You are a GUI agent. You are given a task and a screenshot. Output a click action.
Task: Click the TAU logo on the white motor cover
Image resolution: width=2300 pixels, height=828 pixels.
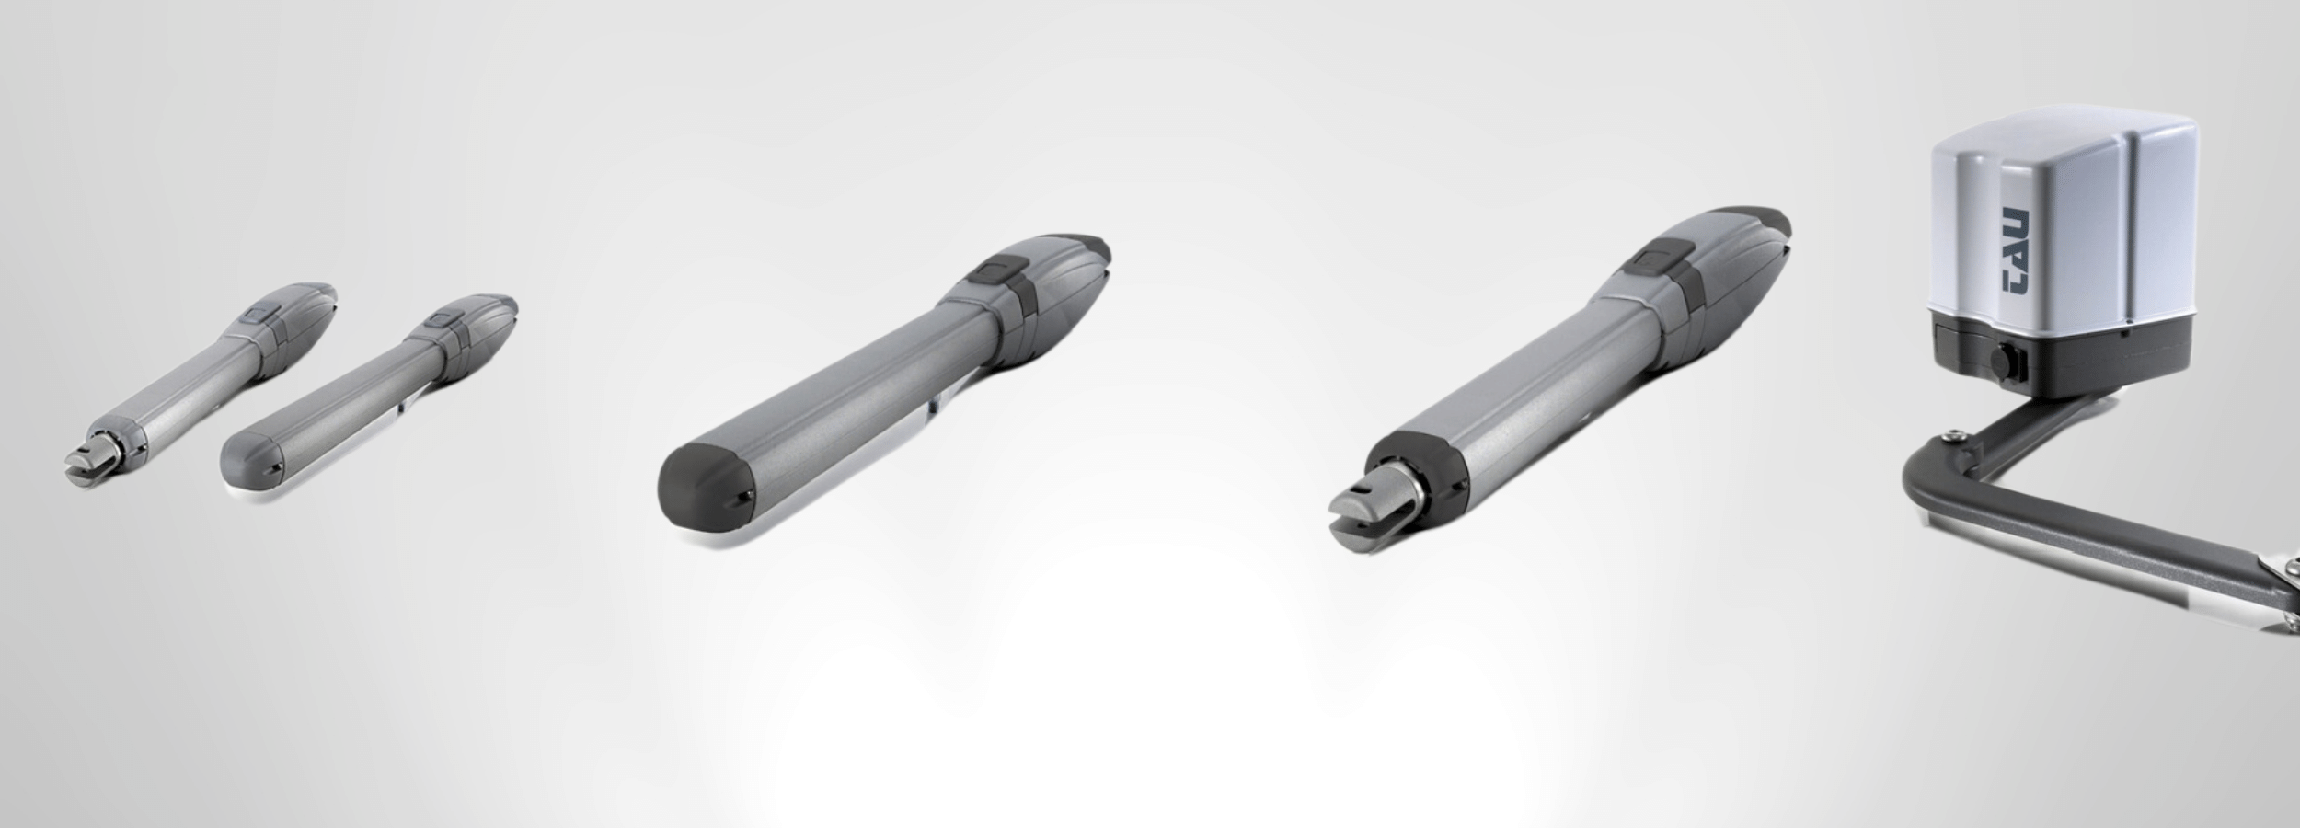pyautogui.click(x=2017, y=265)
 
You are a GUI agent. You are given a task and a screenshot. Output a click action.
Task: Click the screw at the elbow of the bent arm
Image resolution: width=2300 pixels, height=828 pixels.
pyautogui.click(x=1949, y=436)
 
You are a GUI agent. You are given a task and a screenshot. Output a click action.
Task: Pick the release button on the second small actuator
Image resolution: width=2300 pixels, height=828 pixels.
pyautogui.click(x=444, y=322)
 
